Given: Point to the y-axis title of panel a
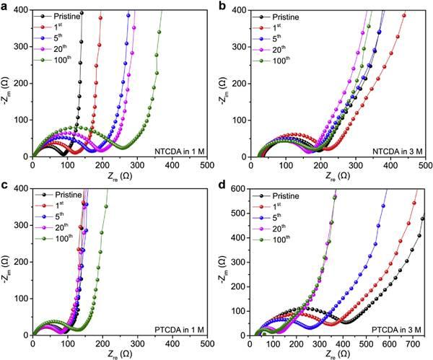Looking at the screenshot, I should (x=6, y=82).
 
